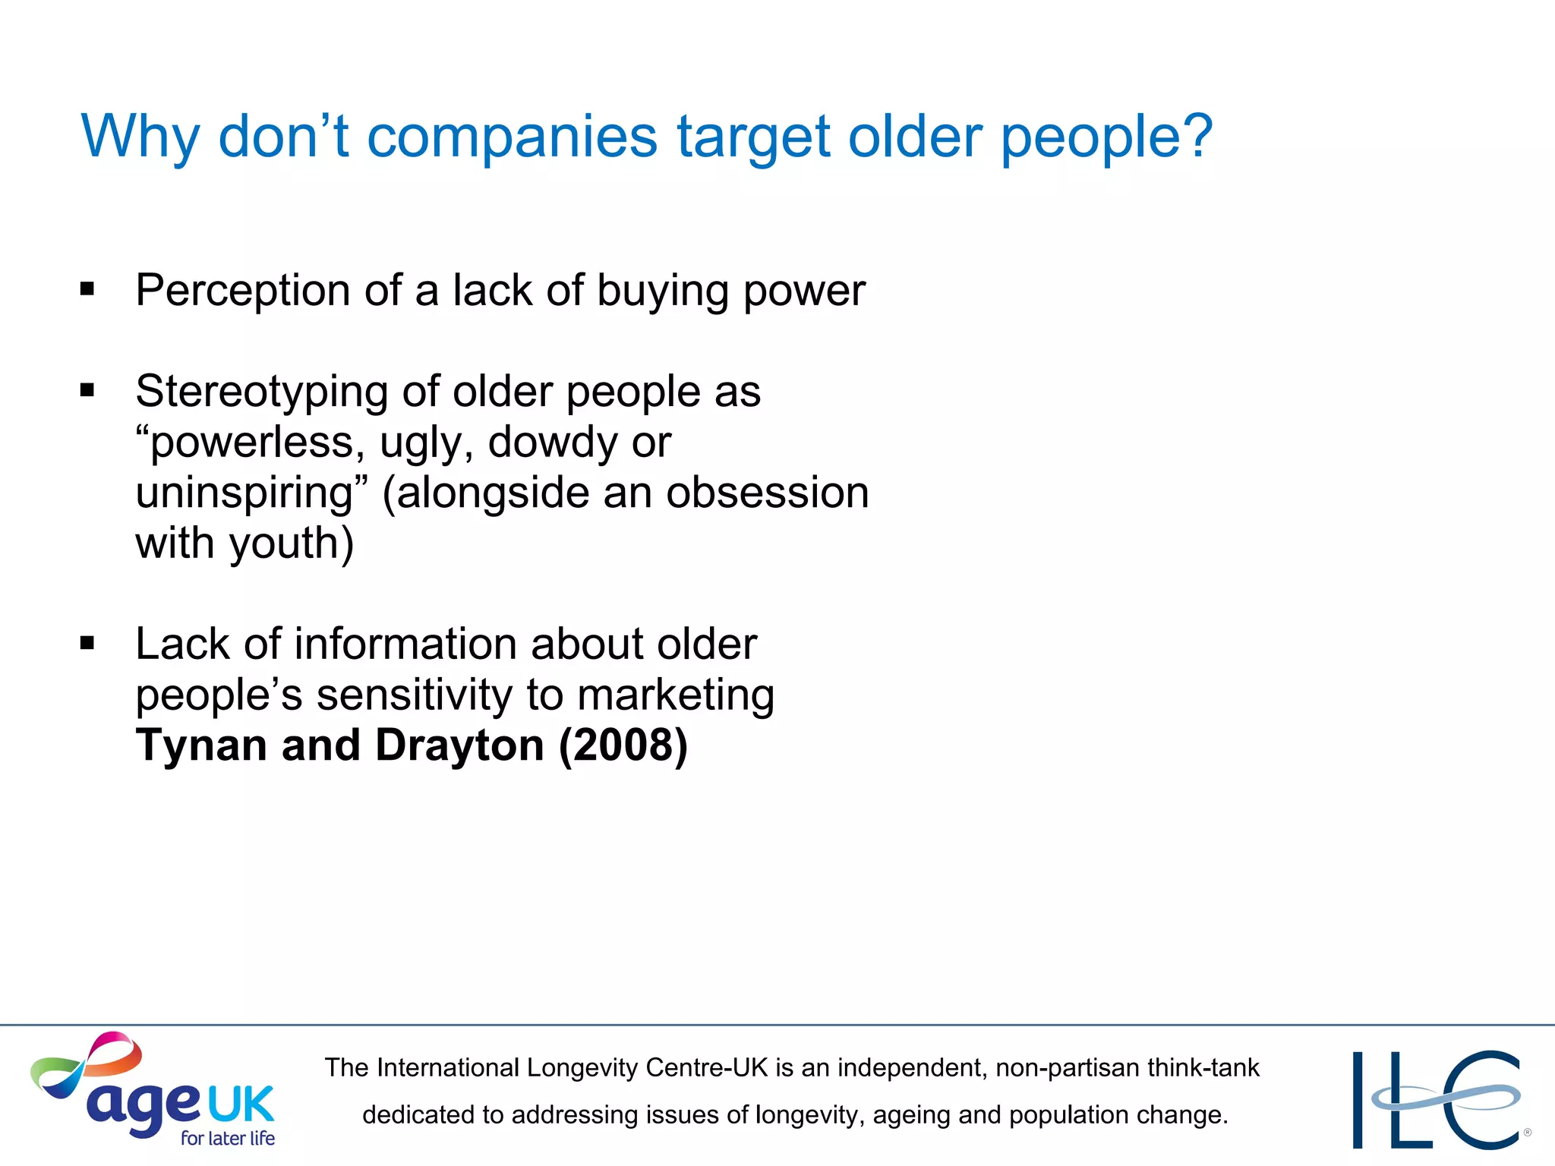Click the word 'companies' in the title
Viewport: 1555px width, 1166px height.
pos(512,138)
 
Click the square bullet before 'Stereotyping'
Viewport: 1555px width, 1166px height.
pos(87,390)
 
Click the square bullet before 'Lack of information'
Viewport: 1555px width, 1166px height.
pos(87,643)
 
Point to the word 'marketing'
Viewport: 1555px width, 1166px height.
pos(676,695)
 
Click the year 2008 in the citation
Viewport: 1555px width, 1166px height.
pos(623,745)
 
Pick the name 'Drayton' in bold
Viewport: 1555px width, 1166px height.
pos(460,745)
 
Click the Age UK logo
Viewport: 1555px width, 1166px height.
pos(152,1090)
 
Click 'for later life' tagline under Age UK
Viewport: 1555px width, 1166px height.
pos(228,1138)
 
